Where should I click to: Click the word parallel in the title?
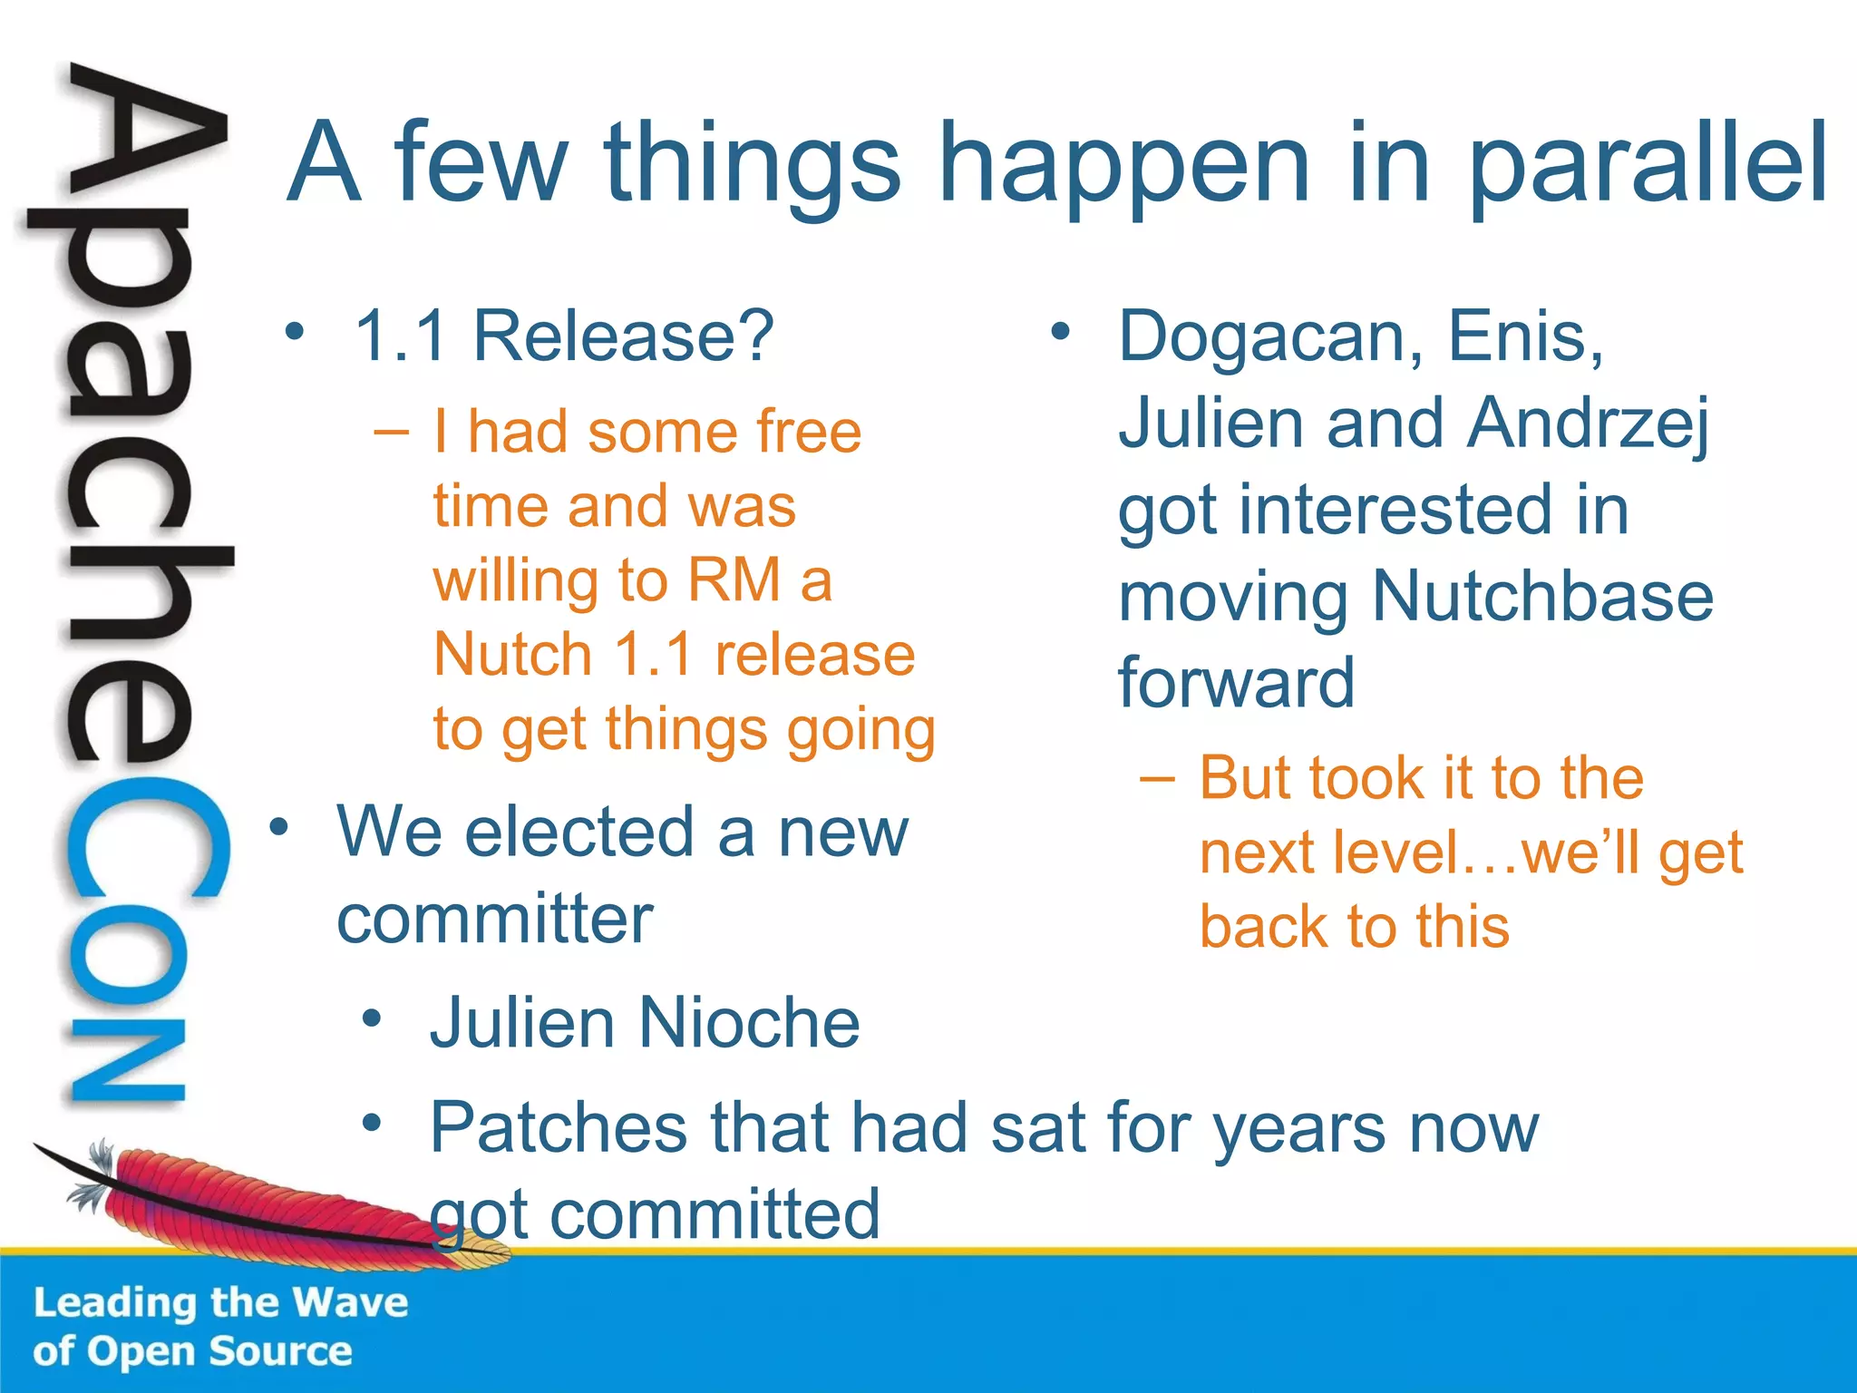tap(1646, 163)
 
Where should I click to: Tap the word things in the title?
tap(753, 163)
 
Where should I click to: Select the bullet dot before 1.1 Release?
tap(294, 332)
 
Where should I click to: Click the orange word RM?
tap(734, 580)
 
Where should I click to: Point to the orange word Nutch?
tap(513, 655)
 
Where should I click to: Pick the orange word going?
tap(860, 731)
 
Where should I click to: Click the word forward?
tap(1236, 682)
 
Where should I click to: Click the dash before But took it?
tap(1157, 778)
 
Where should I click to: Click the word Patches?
tap(559, 1128)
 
